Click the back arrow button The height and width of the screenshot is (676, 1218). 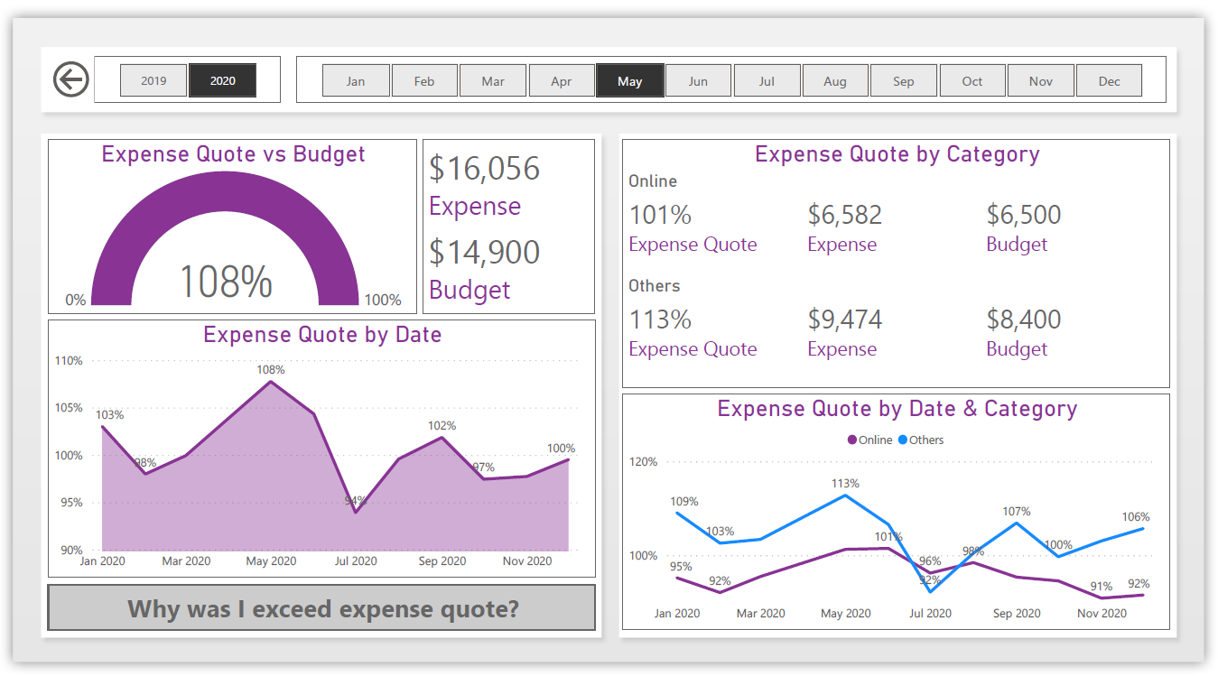click(x=70, y=79)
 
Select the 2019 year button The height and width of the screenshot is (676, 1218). click(x=153, y=80)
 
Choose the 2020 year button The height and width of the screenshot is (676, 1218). click(x=222, y=80)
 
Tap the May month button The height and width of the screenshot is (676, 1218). click(x=629, y=80)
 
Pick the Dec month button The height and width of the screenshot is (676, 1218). click(x=1109, y=80)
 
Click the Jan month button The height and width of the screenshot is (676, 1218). click(x=356, y=80)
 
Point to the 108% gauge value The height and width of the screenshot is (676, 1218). click(x=226, y=281)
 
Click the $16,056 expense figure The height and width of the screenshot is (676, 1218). click(x=484, y=169)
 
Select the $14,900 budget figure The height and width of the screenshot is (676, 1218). click(x=484, y=253)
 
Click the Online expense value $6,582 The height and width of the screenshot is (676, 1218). click(x=844, y=215)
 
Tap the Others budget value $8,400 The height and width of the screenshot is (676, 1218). click(x=1023, y=319)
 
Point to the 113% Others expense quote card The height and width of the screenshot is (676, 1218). click(x=660, y=319)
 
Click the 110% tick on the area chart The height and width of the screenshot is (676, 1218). click(x=69, y=361)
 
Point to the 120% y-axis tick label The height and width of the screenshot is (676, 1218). click(x=643, y=462)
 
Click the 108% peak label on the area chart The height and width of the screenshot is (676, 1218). click(x=270, y=370)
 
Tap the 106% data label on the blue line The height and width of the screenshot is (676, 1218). click(x=1136, y=517)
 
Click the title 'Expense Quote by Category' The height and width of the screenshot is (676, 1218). click(x=897, y=154)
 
